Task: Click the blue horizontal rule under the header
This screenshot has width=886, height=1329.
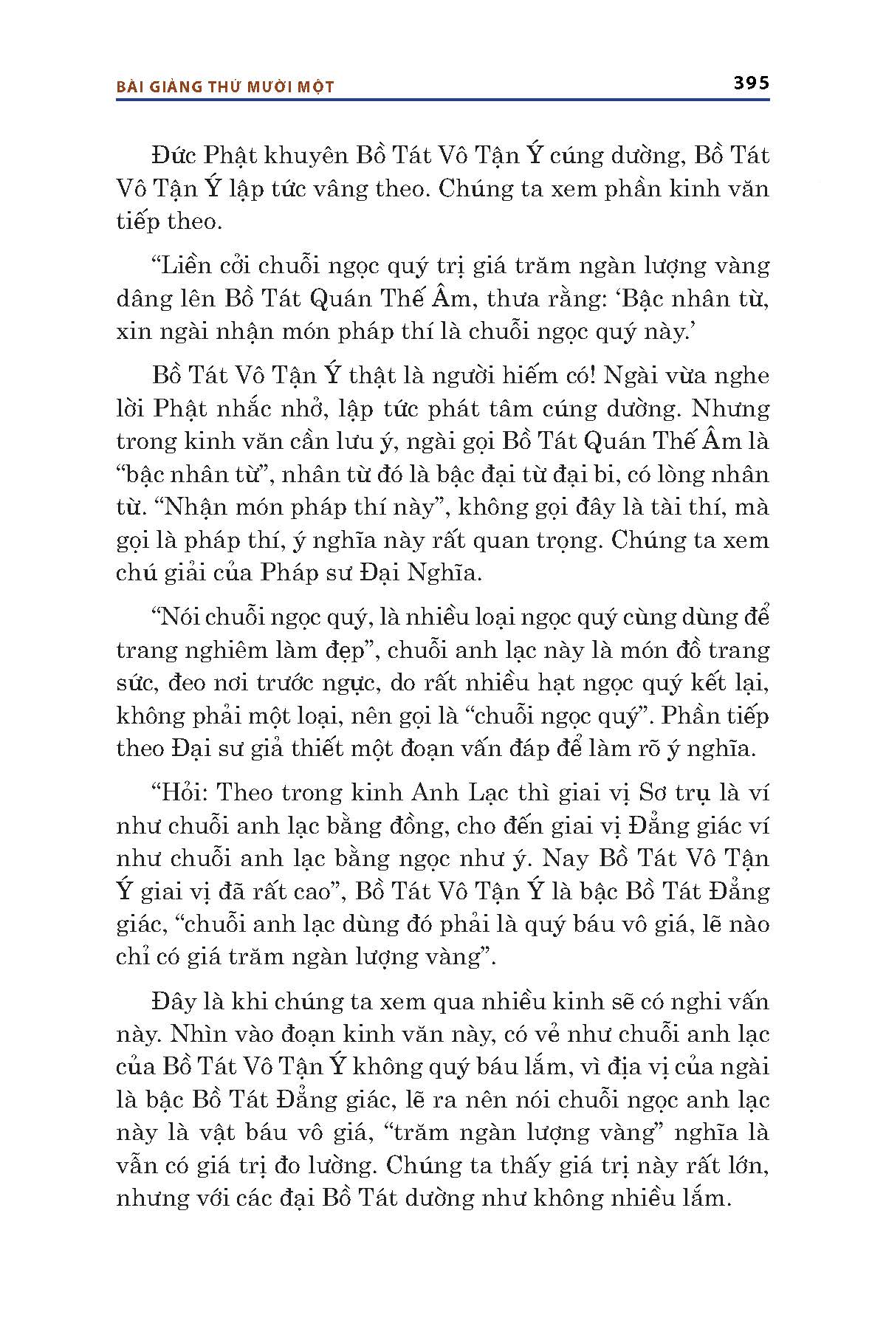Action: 443,99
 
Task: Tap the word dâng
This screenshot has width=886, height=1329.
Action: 145,298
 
